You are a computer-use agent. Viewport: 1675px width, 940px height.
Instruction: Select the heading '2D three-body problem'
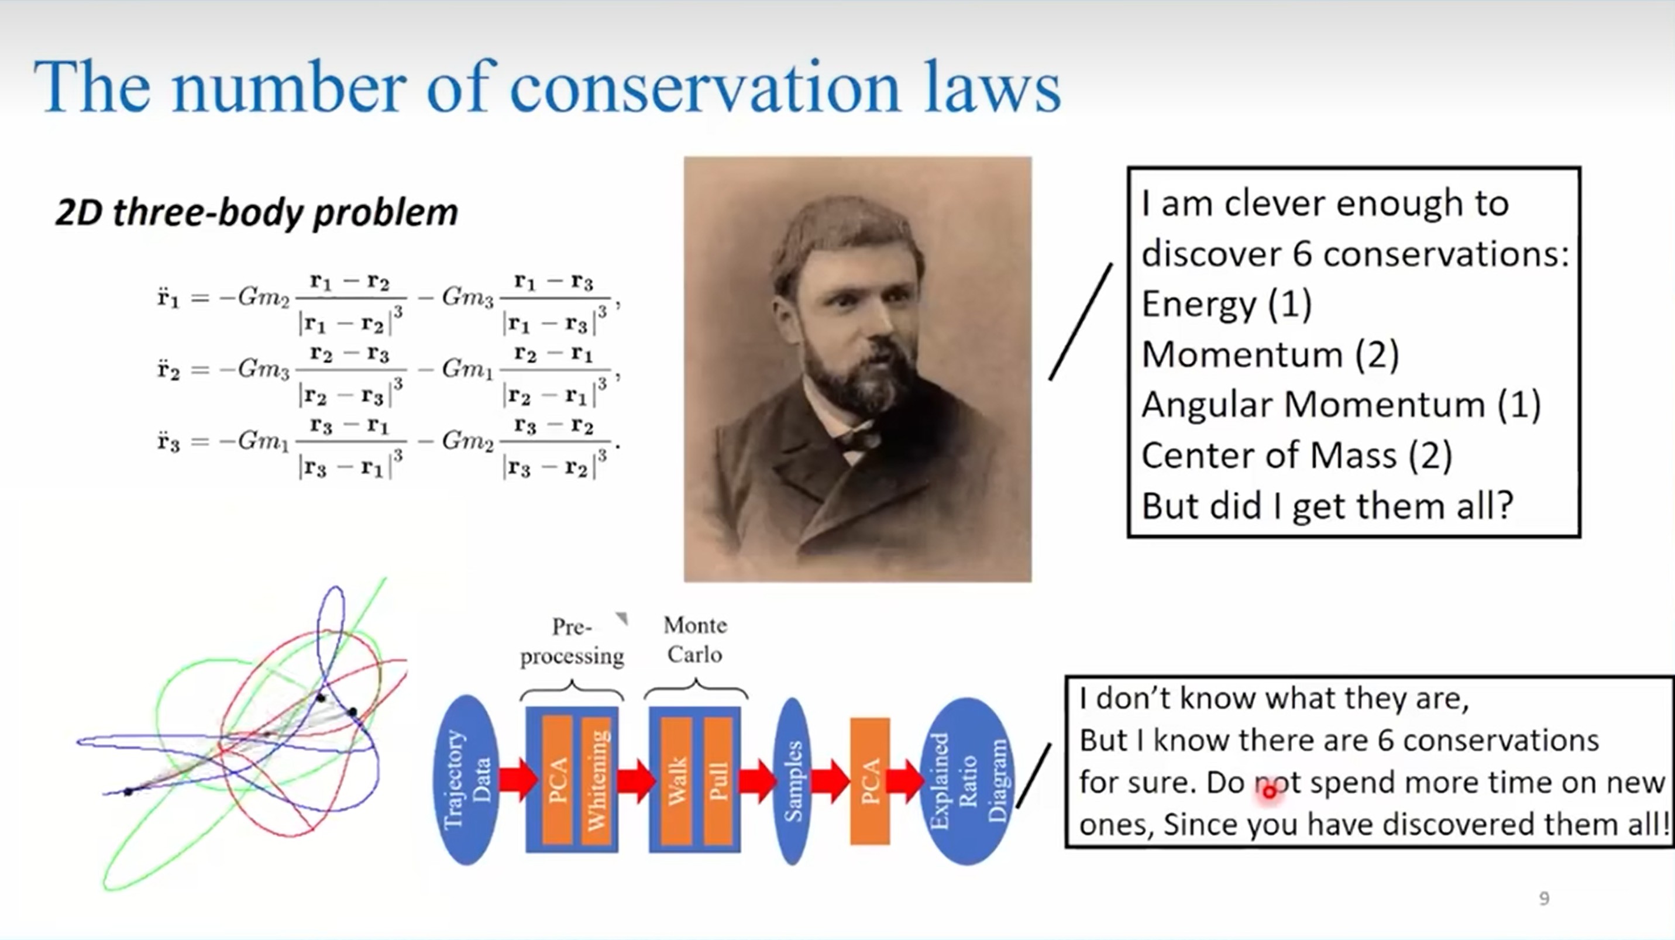coord(257,212)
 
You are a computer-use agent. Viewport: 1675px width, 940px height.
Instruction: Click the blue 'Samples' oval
coord(793,781)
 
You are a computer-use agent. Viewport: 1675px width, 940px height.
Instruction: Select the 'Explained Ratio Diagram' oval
coord(968,781)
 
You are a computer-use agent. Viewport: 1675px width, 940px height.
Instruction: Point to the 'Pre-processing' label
coord(572,641)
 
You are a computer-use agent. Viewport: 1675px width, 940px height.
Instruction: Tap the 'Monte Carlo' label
coord(695,640)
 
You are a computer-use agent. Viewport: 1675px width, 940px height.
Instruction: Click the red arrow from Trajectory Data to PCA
coord(518,779)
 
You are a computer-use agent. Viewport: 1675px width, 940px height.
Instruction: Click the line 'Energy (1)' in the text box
coord(1226,304)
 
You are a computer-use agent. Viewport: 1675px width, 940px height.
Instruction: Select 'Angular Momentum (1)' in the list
coord(1341,405)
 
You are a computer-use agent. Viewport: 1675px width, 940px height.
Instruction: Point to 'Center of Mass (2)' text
coord(1296,455)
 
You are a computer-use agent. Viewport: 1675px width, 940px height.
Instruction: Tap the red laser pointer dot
coord(1269,792)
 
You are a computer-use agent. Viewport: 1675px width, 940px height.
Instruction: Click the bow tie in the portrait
coord(859,439)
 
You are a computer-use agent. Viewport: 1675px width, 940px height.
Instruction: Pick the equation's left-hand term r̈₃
coord(168,442)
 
